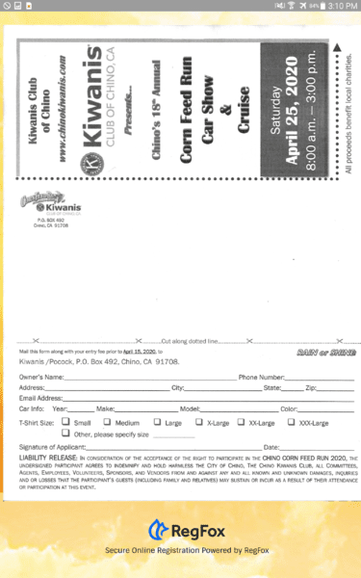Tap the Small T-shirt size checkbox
65,422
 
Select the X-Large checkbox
198,422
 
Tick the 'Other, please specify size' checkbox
65,433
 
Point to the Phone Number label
261,377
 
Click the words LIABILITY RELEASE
43,458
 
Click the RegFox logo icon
157,529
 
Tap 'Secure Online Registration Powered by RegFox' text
180,550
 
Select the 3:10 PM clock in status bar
342,6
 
